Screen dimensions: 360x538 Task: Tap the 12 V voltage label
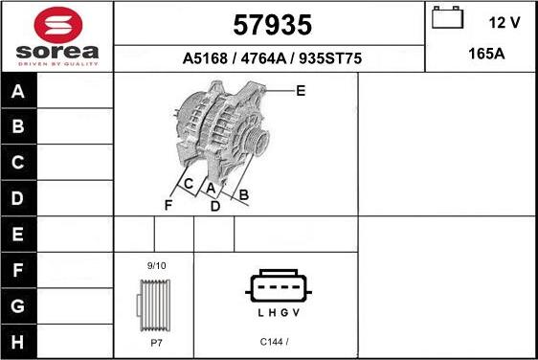pos(504,22)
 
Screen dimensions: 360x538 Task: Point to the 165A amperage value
pos(485,55)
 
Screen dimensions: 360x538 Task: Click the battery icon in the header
pos(446,19)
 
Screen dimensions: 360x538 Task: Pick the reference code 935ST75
pos(328,58)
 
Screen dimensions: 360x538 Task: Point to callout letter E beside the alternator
pos(301,91)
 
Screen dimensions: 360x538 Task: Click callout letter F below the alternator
pos(168,205)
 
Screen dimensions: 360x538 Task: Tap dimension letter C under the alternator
pos(189,184)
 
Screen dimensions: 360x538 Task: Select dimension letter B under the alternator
pos(244,196)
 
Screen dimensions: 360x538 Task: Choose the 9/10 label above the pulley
pos(156,265)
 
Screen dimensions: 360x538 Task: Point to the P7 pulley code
pos(155,342)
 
